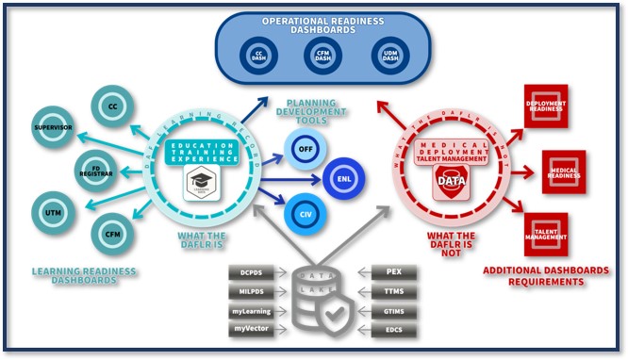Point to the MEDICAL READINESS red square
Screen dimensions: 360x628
pos(563,172)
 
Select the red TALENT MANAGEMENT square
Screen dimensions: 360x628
pos(546,235)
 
